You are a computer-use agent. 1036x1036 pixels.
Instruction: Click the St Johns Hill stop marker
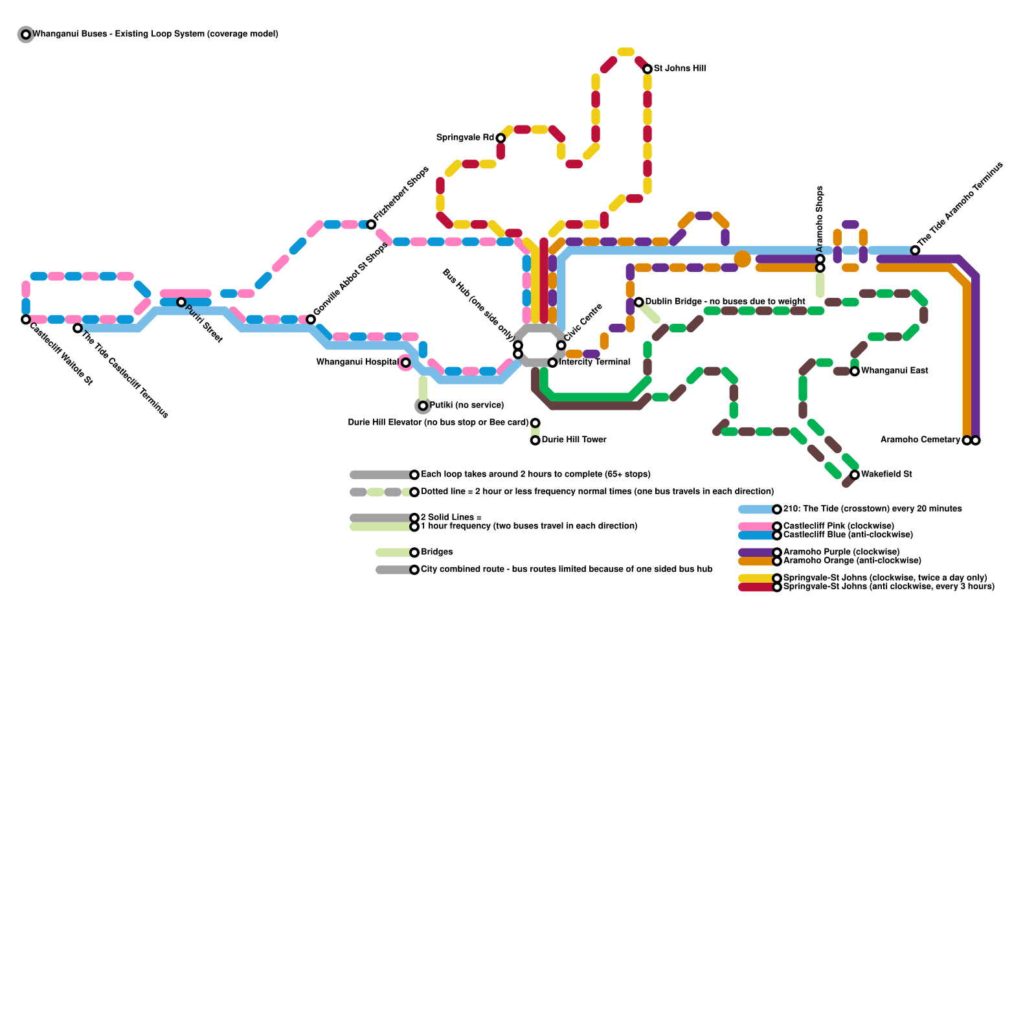pyautogui.click(x=647, y=69)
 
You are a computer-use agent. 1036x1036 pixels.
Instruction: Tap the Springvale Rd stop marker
pyautogui.click(x=501, y=138)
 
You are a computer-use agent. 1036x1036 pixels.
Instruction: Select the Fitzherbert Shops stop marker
pyautogui.click(x=371, y=225)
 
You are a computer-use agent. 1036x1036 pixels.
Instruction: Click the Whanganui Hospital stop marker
pyautogui.click(x=405, y=363)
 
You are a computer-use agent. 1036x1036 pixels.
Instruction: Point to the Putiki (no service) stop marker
pyautogui.click(x=423, y=406)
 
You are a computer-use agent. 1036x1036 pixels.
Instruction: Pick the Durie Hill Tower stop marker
pyautogui.click(x=535, y=440)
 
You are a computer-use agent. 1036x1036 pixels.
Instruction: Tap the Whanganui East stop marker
pyautogui.click(x=855, y=371)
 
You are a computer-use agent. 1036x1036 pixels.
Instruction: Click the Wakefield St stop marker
pyautogui.click(x=855, y=475)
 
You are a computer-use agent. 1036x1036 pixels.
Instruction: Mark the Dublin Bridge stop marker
pyautogui.click(x=639, y=302)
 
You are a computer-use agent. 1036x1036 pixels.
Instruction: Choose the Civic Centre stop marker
pyautogui.click(x=561, y=345)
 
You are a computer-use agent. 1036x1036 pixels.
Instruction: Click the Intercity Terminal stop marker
pyautogui.click(x=552, y=363)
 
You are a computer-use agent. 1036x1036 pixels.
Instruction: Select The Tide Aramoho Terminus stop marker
pyautogui.click(x=915, y=251)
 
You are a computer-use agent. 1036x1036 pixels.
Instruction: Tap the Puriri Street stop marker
pyautogui.click(x=181, y=302)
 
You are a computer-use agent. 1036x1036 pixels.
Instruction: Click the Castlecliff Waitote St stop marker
pyautogui.click(x=26, y=319)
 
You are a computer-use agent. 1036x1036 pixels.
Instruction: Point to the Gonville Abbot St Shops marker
pyautogui.click(x=311, y=319)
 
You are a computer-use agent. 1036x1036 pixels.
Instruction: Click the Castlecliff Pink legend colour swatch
pyautogui.click(x=756, y=526)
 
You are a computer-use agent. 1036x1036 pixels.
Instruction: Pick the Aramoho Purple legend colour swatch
pyautogui.click(x=756, y=552)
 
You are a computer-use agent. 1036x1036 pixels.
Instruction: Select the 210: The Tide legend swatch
pyautogui.click(x=756, y=510)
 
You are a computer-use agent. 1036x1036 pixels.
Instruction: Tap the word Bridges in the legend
pyautogui.click(x=437, y=552)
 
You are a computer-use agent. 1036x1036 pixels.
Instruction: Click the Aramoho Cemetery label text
pyautogui.click(x=920, y=440)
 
